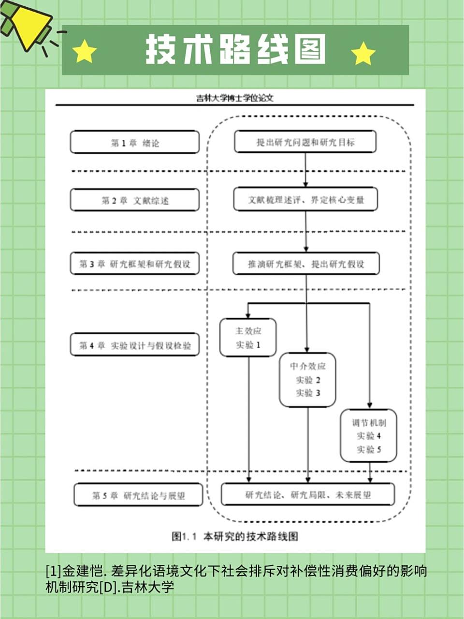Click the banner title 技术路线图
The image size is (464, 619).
(235, 50)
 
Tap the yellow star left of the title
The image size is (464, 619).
(85, 52)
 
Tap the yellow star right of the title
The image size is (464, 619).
(363, 53)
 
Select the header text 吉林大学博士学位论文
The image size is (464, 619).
(235, 98)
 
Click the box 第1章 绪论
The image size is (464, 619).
(135, 142)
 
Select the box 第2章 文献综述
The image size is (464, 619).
(135, 200)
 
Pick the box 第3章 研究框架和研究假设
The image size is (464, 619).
(135, 264)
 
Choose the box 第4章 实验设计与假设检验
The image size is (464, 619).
(135, 345)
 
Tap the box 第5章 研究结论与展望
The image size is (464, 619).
(138, 495)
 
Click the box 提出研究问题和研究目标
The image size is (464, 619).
(305, 142)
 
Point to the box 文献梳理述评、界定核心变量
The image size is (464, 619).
(305, 199)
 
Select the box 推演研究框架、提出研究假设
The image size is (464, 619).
(306, 264)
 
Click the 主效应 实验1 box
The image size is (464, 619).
(248, 338)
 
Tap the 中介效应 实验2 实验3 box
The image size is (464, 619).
(308, 380)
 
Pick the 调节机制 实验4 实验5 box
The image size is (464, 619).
(369, 436)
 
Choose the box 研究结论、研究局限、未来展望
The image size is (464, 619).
(308, 494)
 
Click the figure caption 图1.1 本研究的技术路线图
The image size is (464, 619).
(235, 536)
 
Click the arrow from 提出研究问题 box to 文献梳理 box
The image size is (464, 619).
(305, 170)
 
